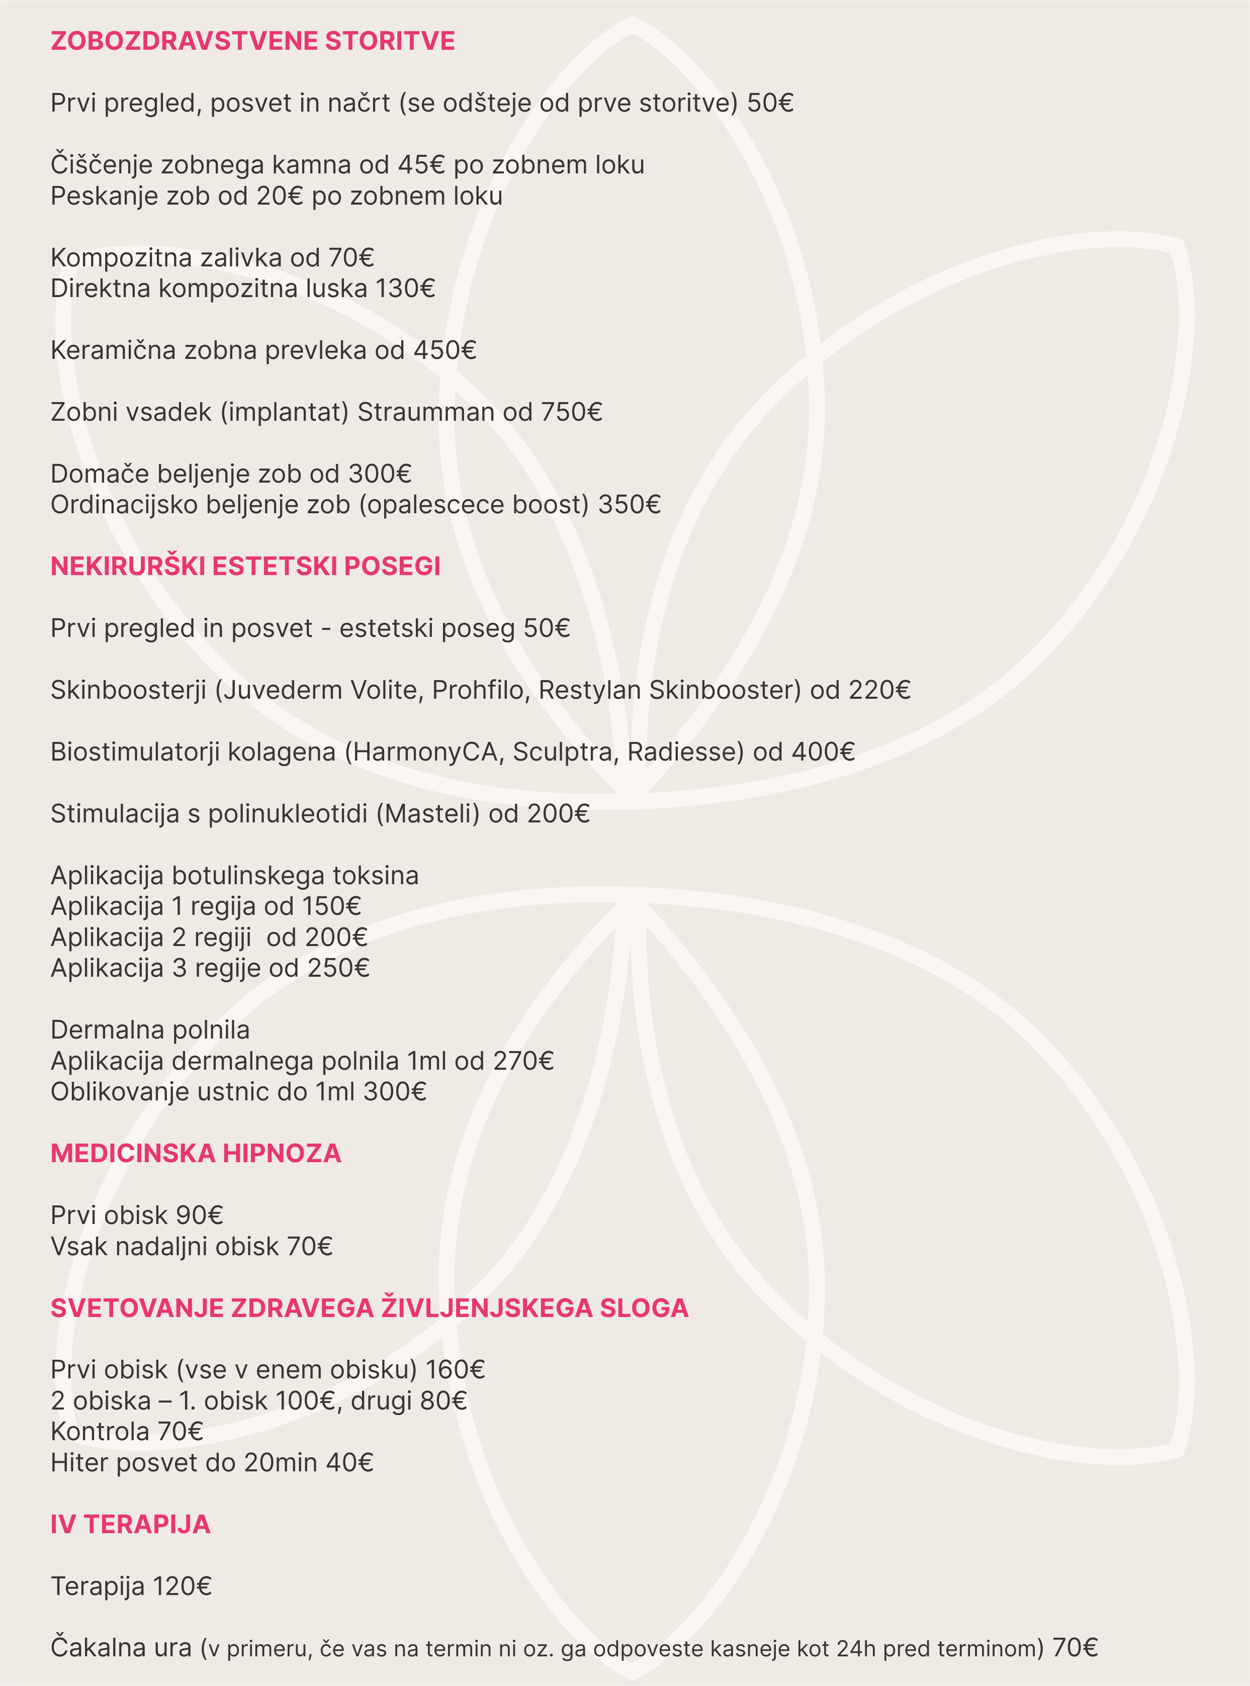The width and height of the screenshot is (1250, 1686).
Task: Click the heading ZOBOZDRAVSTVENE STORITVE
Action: click(253, 41)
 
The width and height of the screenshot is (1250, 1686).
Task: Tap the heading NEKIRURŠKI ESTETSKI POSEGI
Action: click(245, 567)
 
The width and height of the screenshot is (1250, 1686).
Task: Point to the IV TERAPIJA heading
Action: click(130, 1524)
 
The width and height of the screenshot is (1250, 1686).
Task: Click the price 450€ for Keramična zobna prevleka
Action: click(445, 350)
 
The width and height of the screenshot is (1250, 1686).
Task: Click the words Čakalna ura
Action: click(121, 1648)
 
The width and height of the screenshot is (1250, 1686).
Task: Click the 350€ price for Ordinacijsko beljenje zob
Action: click(630, 505)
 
